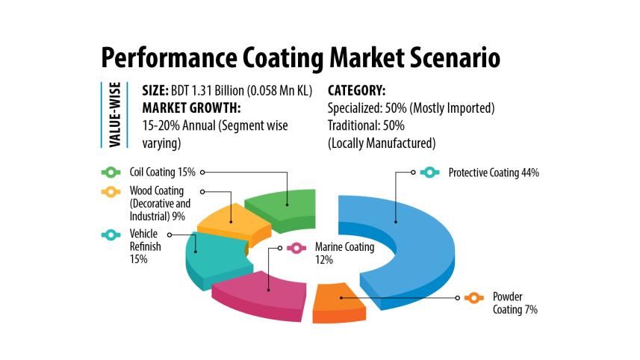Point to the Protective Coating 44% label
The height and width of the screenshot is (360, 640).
point(493,173)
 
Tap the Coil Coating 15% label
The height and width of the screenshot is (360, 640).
point(161,172)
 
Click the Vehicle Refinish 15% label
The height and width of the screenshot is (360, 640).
point(143,246)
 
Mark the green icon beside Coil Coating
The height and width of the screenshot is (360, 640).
point(110,172)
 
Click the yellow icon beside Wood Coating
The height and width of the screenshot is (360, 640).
point(110,192)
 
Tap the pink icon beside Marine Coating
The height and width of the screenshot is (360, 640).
point(295,247)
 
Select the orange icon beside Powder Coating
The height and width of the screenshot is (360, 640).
point(472,297)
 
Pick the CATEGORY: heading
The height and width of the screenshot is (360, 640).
point(356,91)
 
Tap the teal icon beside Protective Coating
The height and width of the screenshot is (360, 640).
point(429,173)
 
